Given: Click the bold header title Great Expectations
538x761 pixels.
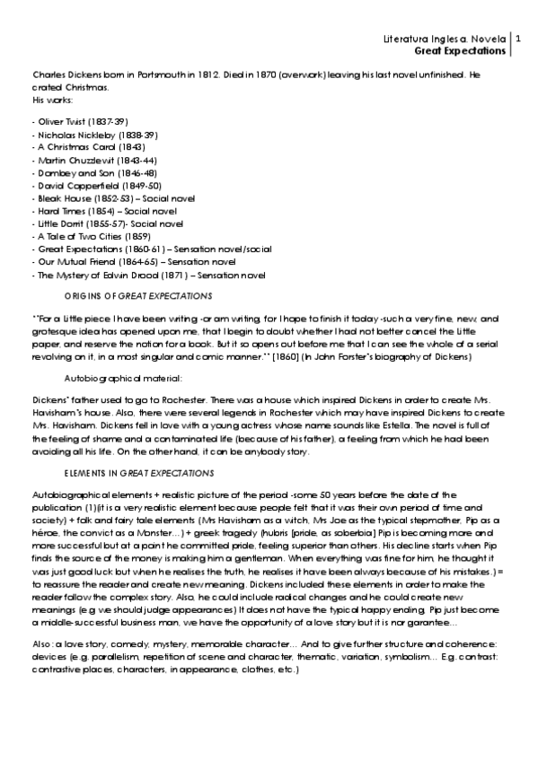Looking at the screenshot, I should coord(461,52).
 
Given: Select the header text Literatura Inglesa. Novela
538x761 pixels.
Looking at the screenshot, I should coord(445,39).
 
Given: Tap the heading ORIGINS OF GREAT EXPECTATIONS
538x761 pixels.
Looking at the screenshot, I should coord(138,295).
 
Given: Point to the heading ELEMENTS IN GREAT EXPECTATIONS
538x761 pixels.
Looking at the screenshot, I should coord(137,471).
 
